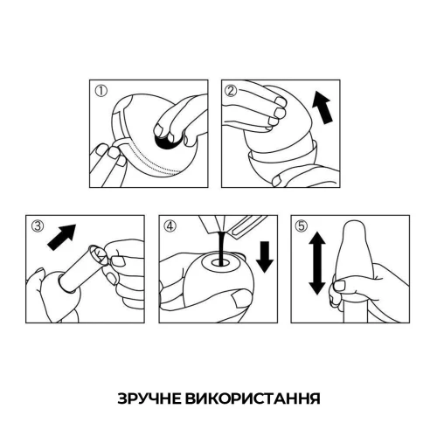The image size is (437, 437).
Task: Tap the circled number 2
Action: (232, 90)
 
